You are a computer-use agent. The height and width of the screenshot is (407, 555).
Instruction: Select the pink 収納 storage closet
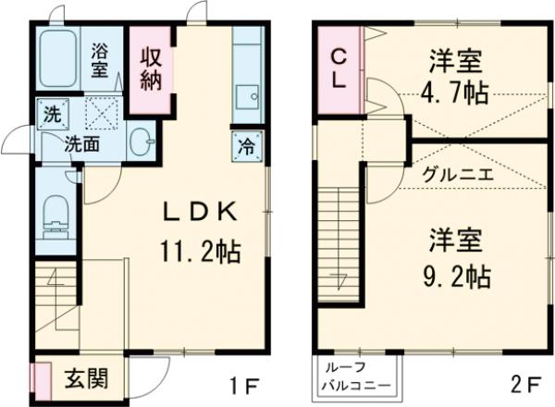click(151, 68)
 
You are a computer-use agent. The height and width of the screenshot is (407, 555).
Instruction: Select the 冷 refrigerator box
click(245, 145)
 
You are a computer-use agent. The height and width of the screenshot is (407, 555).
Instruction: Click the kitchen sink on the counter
click(246, 96)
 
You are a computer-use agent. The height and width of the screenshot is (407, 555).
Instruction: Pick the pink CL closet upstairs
click(339, 67)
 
